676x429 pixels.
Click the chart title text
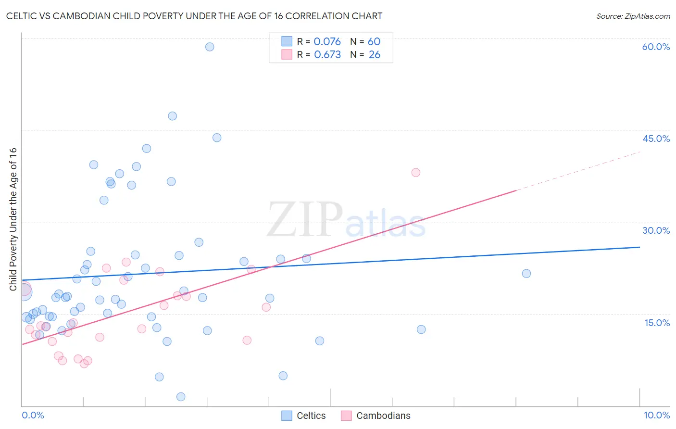coord(194,16)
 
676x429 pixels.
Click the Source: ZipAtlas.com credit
coord(633,16)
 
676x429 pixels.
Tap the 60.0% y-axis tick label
coord(656,47)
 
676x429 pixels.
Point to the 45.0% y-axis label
coord(656,139)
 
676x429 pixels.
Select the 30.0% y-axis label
coord(656,230)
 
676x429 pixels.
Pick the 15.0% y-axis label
coord(657,323)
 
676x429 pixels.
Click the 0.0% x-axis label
coord(33,415)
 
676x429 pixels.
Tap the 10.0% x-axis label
coord(656,415)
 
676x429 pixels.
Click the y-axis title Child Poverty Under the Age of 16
coord(13,219)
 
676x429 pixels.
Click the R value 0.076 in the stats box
coord(327,42)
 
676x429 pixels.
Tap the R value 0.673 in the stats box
coord(327,55)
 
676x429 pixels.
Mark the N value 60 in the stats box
coord(374,42)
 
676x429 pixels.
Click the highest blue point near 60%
coord(210,47)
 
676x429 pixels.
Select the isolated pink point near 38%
coord(416,173)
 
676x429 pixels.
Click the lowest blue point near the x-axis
coord(181,397)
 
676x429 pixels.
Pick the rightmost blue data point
coord(526,274)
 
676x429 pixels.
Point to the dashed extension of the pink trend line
coord(577,171)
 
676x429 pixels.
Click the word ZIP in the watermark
coord(304,220)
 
